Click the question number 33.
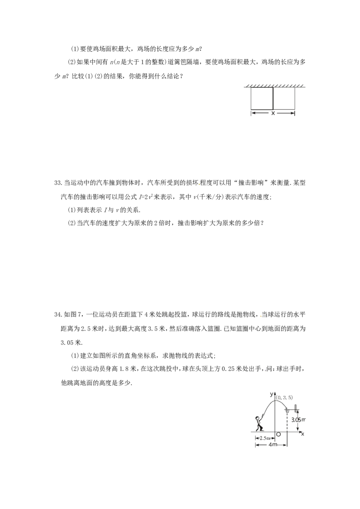(x=58, y=183)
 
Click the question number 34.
(x=58, y=314)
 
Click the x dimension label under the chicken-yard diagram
(x=273, y=113)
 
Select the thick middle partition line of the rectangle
(x=273, y=98)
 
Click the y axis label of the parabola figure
(x=272, y=394)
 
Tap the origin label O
(x=278, y=434)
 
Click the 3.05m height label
(x=298, y=420)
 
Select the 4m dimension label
(x=273, y=444)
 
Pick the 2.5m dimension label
(x=265, y=438)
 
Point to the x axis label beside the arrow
(x=302, y=434)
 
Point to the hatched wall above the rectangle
(x=274, y=86)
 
